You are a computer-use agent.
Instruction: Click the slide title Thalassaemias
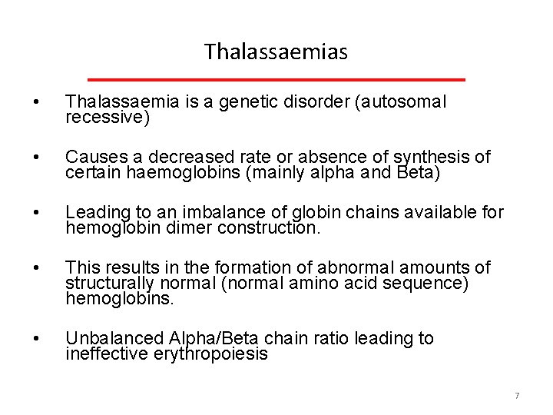coord(276,52)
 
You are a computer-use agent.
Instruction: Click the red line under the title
coord(276,79)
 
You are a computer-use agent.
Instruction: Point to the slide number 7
coord(517,396)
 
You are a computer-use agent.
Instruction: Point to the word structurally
coord(109,284)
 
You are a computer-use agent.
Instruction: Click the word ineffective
coord(108,355)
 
